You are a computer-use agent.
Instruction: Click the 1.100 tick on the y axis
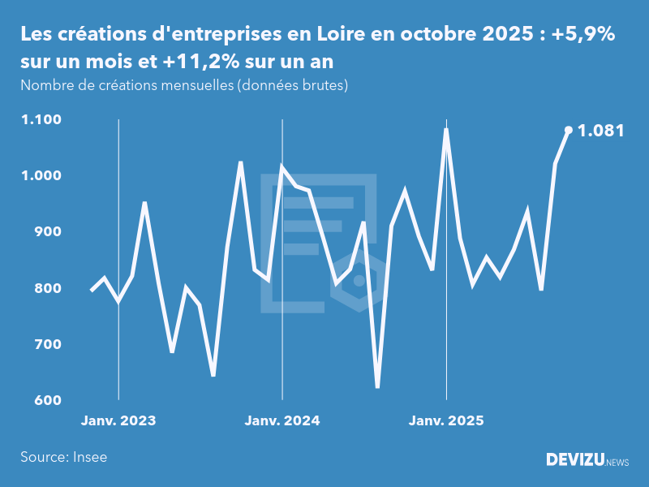tap(41, 120)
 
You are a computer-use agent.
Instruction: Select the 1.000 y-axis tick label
tap(41, 176)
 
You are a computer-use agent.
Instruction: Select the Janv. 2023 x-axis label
tap(118, 420)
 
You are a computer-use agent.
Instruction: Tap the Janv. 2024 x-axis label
tap(282, 420)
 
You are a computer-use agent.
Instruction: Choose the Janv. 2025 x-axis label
tap(446, 420)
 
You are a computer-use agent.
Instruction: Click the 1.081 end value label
tap(600, 130)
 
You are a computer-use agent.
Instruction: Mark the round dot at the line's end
tap(568, 130)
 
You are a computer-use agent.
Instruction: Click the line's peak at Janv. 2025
tap(446, 129)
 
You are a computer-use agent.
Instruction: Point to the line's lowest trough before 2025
tap(377, 386)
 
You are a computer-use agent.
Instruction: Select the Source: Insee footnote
tap(64, 457)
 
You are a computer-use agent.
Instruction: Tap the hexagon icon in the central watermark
tap(359, 281)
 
